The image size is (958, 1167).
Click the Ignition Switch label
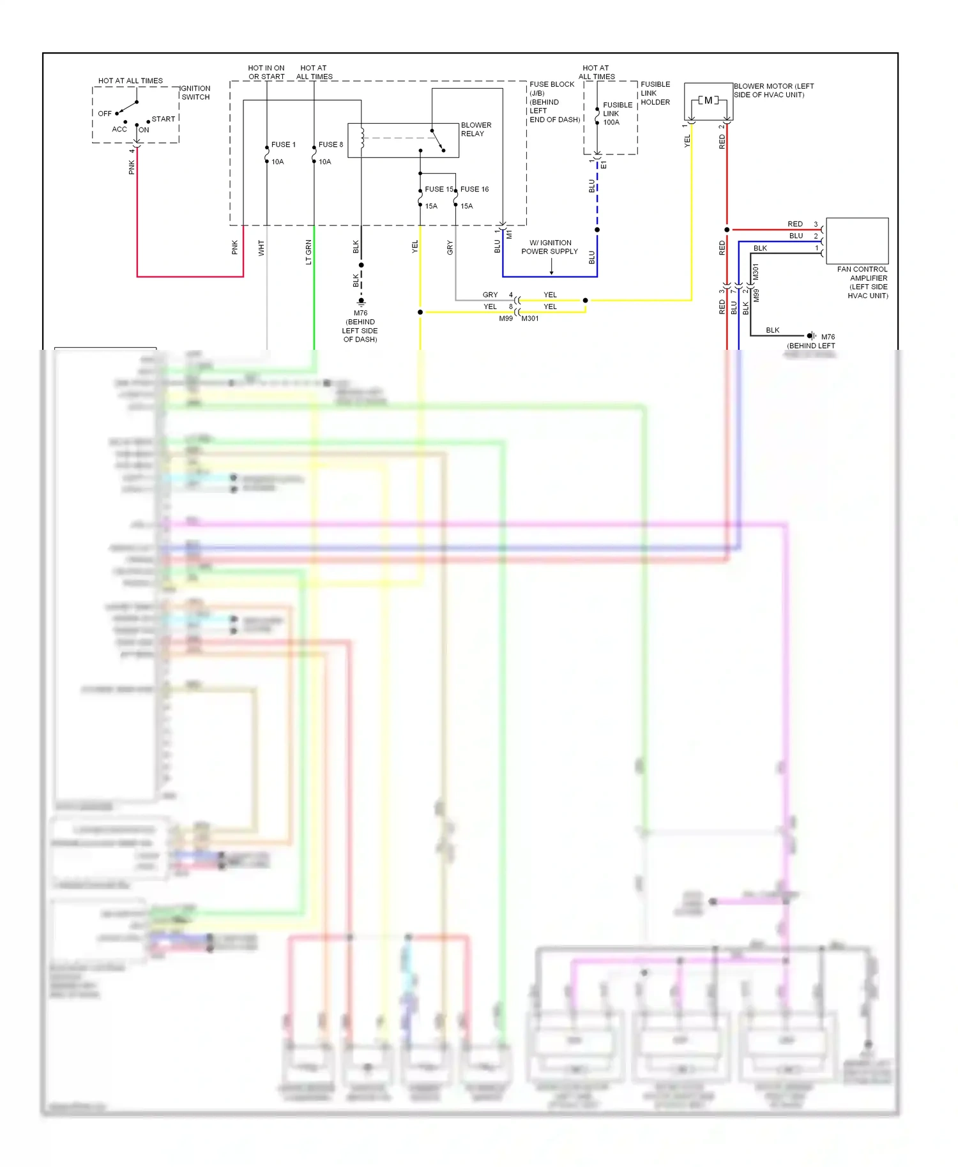point(195,93)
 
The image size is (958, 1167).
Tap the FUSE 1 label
point(283,145)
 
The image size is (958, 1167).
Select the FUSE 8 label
point(330,145)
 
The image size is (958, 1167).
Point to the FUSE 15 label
point(438,190)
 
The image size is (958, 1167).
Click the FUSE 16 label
point(475,190)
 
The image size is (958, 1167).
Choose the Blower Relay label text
point(476,130)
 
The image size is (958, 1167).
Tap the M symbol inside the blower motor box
point(708,101)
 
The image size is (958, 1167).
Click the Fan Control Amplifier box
point(857,241)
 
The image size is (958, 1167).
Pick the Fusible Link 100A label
point(617,114)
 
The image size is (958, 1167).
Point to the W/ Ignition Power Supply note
point(549,247)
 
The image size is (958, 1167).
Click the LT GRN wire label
point(308,252)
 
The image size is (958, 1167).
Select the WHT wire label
point(261,248)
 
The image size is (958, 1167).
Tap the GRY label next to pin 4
point(490,295)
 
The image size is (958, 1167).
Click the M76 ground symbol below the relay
point(361,301)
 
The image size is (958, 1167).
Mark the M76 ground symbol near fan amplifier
point(811,336)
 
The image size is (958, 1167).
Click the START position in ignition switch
point(163,119)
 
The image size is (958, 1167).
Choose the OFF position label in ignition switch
point(105,114)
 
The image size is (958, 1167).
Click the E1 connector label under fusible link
point(604,165)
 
